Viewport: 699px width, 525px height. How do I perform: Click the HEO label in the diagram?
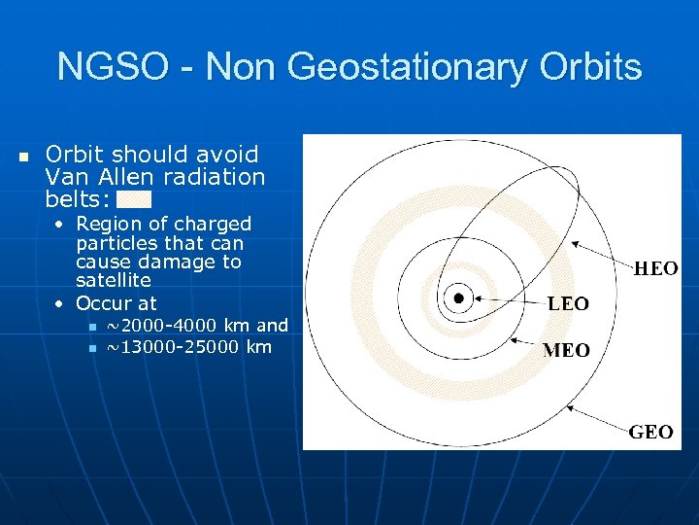click(x=656, y=269)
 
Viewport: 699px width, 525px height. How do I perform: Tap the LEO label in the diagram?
click(x=568, y=304)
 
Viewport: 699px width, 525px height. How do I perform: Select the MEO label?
click(x=566, y=350)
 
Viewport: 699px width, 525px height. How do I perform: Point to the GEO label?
click(x=650, y=433)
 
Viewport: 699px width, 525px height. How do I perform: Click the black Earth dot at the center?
click(x=458, y=297)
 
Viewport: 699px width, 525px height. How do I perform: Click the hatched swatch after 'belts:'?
click(x=134, y=199)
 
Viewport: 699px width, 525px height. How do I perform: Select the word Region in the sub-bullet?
click(x=107, y=224)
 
